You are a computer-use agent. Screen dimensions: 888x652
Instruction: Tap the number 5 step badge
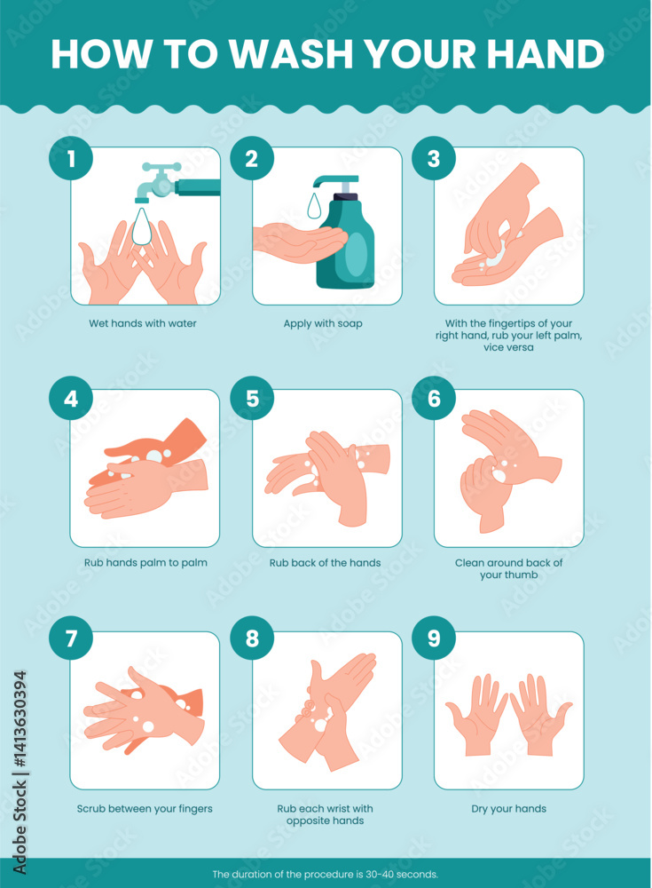pyautogui.click(x=252, y=399)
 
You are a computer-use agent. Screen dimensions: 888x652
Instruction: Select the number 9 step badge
pyautogui.click(x=434, y=640)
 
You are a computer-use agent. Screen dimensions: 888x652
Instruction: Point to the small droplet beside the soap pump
pyautogui.click(x=314, y=205)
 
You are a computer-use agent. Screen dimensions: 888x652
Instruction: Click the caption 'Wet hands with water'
pyautogui.click(x=143, y=323)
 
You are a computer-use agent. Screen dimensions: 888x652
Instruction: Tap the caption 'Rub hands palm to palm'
pyautogui.click(x=144, y=562)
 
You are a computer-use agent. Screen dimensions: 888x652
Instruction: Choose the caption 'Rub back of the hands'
pyautogui.click(x=326, y=562)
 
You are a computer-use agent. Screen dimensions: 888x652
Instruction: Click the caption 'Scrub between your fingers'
pyautogui.click(x=145, y=808)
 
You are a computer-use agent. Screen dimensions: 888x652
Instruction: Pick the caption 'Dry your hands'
pyautogui.click(x=508, y=808)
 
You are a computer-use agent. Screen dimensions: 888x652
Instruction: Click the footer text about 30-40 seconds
pyautogui.click(x=326, y=874)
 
